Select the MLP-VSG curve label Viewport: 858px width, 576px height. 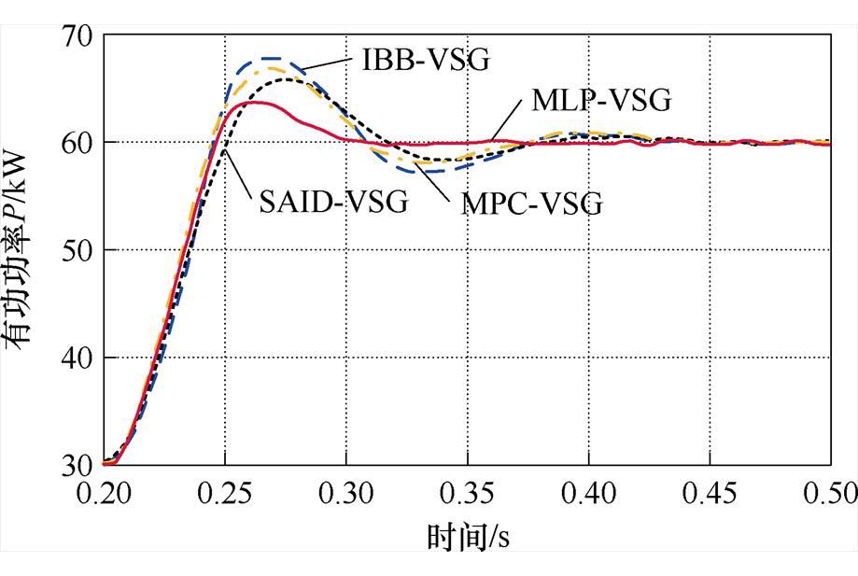[x=601, y=100]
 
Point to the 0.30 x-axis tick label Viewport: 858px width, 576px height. [x=345, y=492]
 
